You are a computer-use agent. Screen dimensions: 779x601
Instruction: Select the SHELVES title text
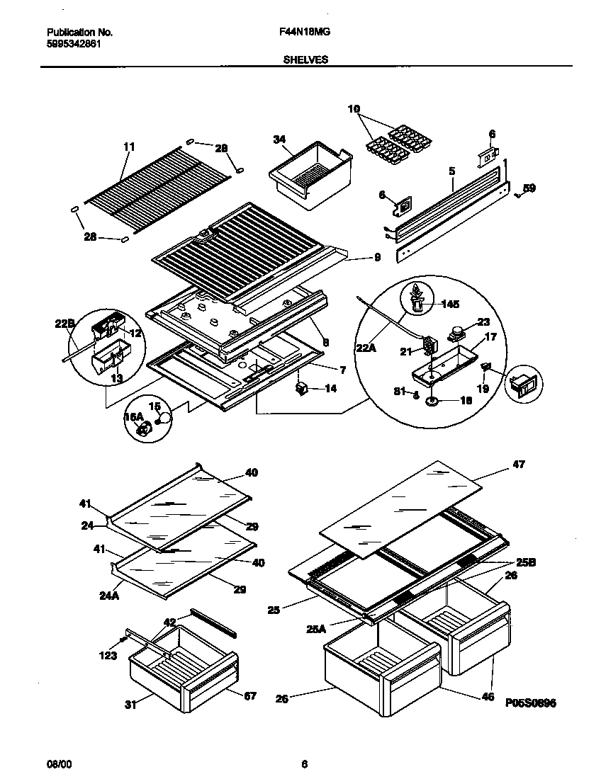click(305, 60)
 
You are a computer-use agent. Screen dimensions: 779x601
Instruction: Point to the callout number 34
click(279, 140)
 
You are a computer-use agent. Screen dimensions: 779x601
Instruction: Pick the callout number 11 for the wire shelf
click(128, 147)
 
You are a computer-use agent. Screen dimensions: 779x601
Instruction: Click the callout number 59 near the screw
click(529, 188)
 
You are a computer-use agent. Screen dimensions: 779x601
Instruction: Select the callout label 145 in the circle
click(451, 305)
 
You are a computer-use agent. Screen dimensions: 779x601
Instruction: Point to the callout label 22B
click(64, 324)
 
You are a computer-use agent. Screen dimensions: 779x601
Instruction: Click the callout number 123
click(108, 656)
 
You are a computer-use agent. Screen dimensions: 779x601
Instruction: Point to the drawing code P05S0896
click(531, 703)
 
